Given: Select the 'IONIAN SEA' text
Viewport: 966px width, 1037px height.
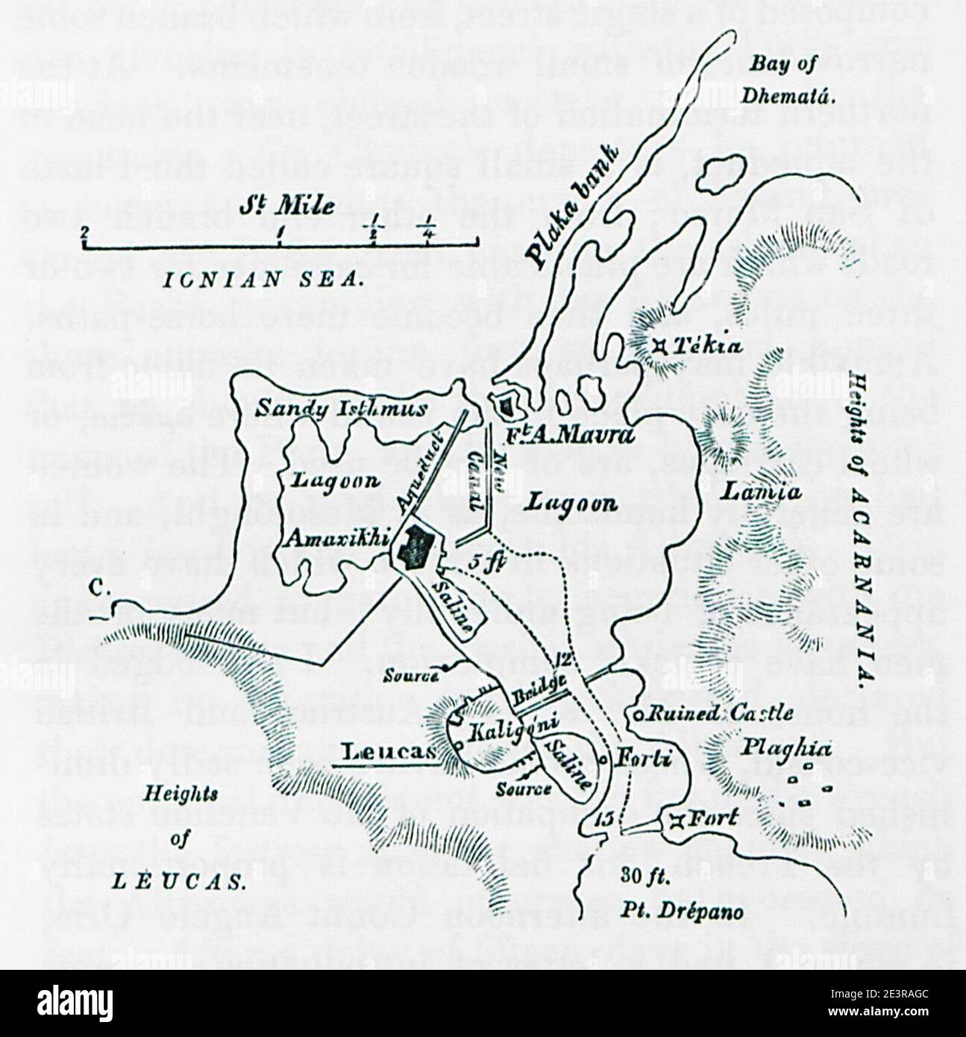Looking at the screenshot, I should pos(261,279).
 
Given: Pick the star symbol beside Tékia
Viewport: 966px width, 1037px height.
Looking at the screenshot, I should pos(659,345).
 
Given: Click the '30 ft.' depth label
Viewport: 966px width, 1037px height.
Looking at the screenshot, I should pos(646,878).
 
